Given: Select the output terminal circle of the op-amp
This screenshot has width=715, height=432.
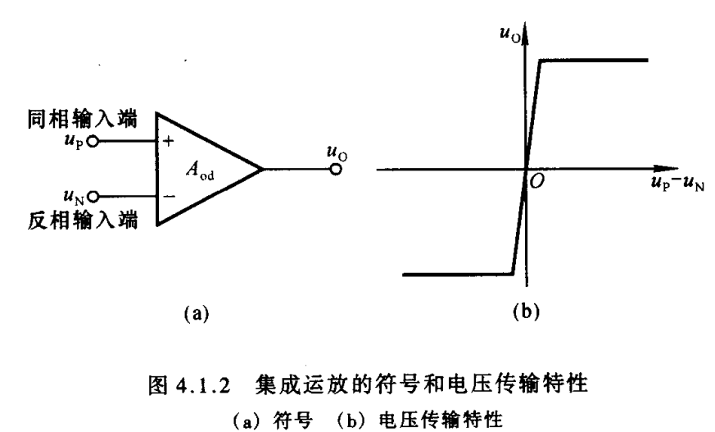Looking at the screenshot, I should [335, 170].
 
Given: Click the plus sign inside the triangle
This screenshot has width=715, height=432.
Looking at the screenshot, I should [170, 141].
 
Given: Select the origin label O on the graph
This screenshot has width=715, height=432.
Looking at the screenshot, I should [537, 181].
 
